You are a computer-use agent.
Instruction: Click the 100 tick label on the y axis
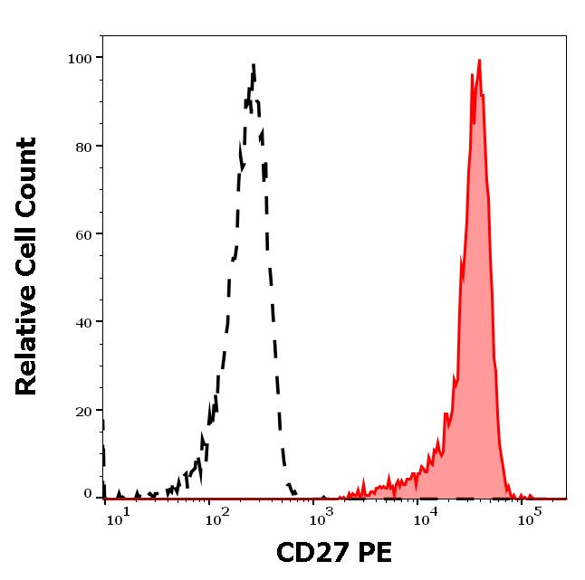[x=80, y=58]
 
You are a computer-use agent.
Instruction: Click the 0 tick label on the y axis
[x=88, y=494]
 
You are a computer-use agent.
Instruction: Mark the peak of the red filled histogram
[x=478, y=61]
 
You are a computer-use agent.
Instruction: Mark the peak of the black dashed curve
[x=254, y=65]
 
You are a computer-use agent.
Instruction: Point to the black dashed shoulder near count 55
[x=233, y=259]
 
